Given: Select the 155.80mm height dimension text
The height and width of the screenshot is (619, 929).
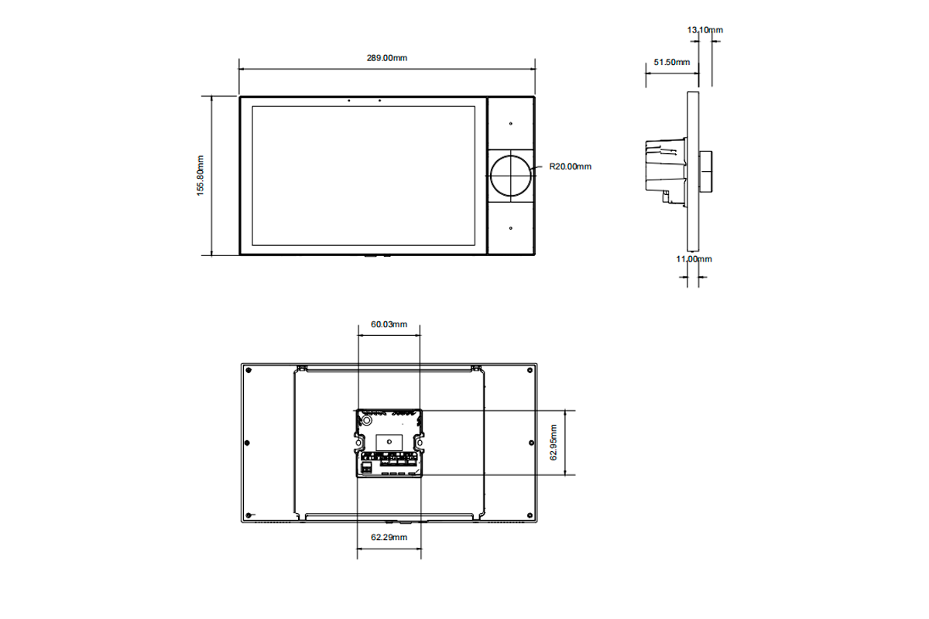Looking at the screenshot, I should coord(200,176).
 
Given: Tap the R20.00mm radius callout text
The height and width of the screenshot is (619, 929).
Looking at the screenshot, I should coord(570,166).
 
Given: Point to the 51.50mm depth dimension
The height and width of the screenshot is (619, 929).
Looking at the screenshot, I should coord(671,62).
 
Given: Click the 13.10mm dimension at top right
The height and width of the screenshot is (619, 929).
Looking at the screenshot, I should coord(705,29).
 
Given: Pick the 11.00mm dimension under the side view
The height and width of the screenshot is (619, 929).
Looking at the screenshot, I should coord(694,258).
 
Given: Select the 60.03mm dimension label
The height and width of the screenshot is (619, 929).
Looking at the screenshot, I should coord(389,324).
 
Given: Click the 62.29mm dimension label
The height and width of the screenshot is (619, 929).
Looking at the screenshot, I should coord(389,536).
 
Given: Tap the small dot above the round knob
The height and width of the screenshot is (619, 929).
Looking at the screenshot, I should coord(511,123).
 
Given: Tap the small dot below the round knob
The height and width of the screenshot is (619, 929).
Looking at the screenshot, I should coord(511,228).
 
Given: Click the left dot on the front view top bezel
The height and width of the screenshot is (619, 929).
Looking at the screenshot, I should coord(348,100).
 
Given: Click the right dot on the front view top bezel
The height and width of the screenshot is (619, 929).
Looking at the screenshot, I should coord(379,100).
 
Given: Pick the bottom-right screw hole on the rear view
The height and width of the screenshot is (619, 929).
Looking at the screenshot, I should coord(530,515).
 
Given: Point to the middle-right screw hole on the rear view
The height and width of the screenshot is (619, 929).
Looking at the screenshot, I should coord(530,443).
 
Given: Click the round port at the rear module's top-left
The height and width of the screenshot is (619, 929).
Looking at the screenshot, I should coord(367,420).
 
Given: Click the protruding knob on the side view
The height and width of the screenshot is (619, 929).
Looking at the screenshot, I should coord(706,172).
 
